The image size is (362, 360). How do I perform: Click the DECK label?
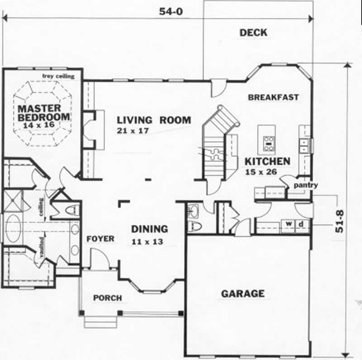253,33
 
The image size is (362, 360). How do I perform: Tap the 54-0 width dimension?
170,12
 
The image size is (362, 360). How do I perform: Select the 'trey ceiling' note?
57,76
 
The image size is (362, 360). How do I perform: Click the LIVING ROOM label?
154,120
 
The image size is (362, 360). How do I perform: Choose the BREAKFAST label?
273,97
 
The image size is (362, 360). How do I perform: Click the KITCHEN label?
267,161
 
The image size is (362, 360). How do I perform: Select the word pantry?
305,185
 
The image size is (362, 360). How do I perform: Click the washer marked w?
288,223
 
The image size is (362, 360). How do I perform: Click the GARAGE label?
243,294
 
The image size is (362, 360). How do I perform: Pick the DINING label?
149,229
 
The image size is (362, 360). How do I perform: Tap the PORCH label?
107,298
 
